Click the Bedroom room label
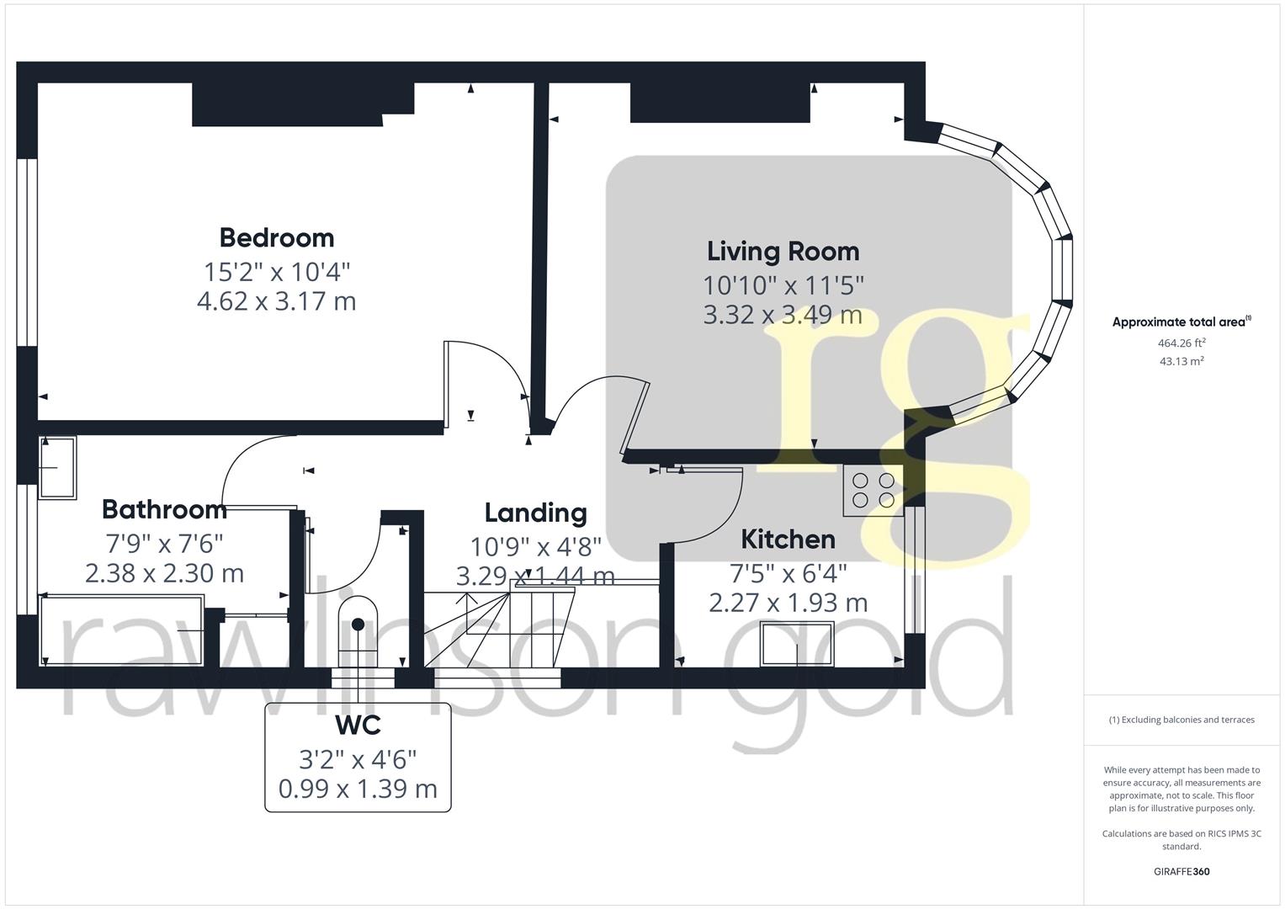click(x=276, y=237)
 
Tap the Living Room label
click(x=783, y=251)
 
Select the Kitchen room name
click(x=788, y=539)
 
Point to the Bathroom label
click(x=164, y=509)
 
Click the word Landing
click(x=535, y=513)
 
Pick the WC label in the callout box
click(x=358, y=725)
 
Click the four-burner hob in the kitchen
click(x=873, y=490)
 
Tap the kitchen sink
click(x=797, y=643)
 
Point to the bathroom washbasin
click(x=57, y=467)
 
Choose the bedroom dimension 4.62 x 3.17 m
click(x=276, y=301)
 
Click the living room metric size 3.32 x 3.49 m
click(x=783, y=315)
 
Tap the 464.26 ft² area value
click(x=1181, y=343)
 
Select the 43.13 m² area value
click(x=1181, y=361)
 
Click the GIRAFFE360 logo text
click(x=1181, y=871)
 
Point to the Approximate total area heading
click(x=1181, y=322)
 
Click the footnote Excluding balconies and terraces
click(x=1181, y=720)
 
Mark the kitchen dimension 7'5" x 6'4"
click(x=788, y=573)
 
